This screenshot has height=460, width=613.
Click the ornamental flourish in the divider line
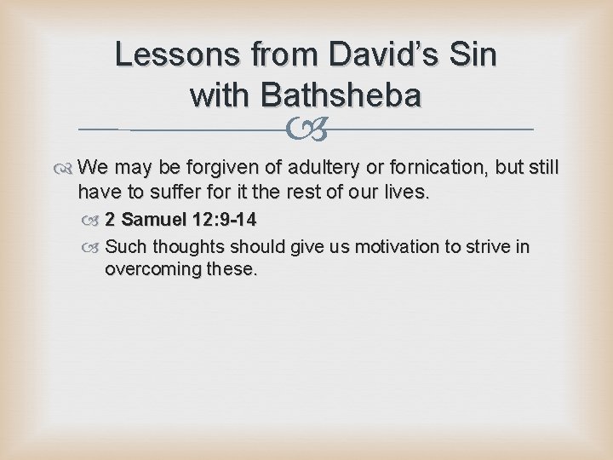[x=306, y=129]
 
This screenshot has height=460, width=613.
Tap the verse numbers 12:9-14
[x=224, y=220]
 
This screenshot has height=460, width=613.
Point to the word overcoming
[x=154, y=270]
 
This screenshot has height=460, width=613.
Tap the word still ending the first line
[x=540, y=166]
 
